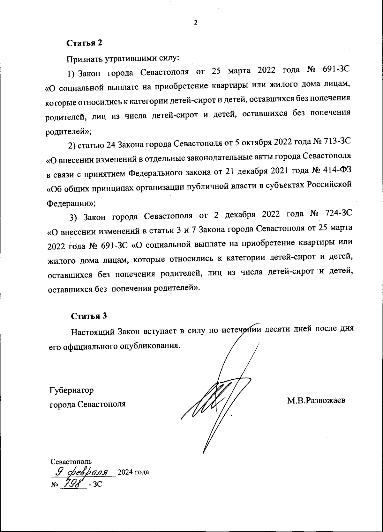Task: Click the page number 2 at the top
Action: (196, 23)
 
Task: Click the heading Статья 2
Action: (84, 43)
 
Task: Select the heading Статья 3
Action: (89, 316)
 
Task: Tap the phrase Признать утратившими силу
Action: (123, 59)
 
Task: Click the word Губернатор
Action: (71, 390)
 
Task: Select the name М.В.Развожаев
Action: (316, 401)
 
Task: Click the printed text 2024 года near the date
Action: (133, 472)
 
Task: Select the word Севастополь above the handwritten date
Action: (71, 461)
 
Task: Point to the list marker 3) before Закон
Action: (74, 217)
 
